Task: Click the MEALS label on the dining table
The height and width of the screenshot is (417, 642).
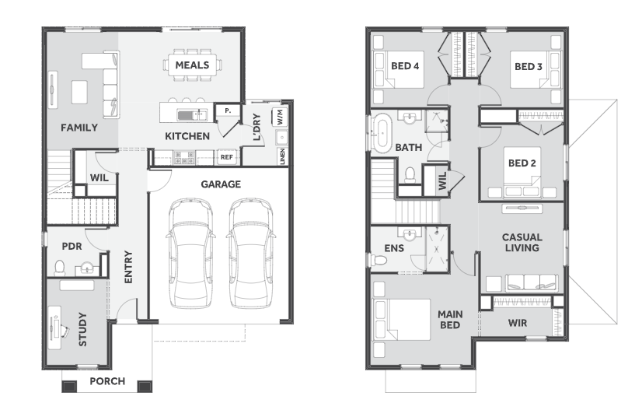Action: point(192,65)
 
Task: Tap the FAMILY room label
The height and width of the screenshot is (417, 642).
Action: point(79,128)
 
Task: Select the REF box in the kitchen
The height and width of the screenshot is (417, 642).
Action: point(227,157)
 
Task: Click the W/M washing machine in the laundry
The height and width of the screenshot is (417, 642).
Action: point(280,117)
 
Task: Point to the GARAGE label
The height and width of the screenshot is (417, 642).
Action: point(221,184)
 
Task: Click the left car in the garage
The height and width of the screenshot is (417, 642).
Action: point(190,253)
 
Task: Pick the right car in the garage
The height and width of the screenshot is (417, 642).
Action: point(250,253)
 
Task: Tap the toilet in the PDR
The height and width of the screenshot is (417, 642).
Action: point(60,268)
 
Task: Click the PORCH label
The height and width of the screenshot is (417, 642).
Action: point(107,381)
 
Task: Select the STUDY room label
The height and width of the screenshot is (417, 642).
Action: point(82,329)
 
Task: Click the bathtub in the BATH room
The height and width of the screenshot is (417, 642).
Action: point(383,133)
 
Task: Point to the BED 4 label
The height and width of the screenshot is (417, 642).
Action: point(405,66)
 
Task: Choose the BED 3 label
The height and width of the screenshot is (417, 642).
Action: point(529,66)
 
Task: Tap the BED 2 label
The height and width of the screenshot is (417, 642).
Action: point(522,163)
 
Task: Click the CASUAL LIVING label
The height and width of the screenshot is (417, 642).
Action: point(522,242)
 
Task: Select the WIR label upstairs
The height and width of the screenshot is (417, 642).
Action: point(518,323)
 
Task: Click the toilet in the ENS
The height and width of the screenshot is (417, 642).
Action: point(379,260)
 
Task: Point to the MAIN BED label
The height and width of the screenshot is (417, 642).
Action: point(450,320)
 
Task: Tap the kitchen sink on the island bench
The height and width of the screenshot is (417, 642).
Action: point(192,115)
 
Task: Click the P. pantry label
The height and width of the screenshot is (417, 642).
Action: point(228,110)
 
